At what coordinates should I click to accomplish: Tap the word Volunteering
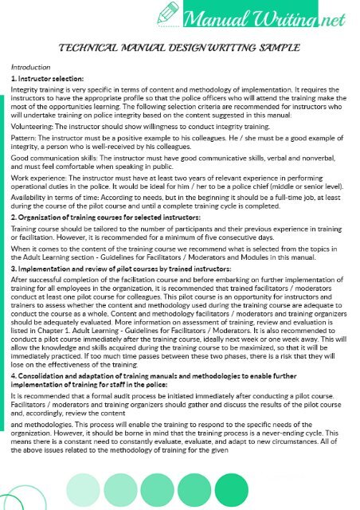click(33, 124)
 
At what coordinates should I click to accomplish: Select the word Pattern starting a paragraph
click(23, 136)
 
